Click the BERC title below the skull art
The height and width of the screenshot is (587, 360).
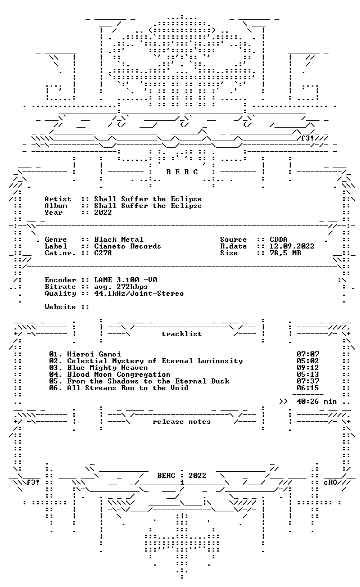182,172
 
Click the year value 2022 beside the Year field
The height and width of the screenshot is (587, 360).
103,213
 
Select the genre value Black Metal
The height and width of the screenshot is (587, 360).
119,240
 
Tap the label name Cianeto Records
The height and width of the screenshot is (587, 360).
128,246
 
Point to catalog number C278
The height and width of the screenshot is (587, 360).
103,253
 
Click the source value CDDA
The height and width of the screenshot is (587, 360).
278,240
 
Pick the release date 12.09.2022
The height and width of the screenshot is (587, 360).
292,246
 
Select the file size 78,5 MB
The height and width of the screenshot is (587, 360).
285,253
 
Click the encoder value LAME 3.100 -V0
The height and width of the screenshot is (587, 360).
125,280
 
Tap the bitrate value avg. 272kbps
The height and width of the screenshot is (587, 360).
121,287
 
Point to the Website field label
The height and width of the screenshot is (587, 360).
60,307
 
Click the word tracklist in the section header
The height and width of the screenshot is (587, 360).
182,334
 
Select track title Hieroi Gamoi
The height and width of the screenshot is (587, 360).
94,354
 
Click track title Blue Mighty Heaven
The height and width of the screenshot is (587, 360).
107,368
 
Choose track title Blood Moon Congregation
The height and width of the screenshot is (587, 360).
119,374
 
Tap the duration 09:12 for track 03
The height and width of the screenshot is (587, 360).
308,368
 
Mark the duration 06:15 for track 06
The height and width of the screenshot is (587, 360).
308,388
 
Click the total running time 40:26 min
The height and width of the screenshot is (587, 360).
317,401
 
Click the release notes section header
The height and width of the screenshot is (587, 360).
182,422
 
